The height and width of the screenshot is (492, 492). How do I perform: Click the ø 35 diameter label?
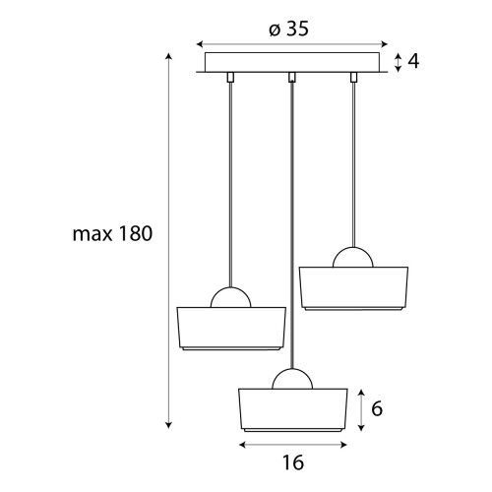[x=288, y=30]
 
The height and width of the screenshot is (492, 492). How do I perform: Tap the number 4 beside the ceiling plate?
[x=413, y=61]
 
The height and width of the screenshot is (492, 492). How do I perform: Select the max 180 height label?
[x=112, y=234]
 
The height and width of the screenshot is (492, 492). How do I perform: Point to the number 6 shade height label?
[x=377, y=409]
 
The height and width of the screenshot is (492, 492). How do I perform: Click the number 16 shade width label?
[x=293, y=462]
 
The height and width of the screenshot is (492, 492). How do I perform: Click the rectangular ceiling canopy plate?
[x=292, y=62]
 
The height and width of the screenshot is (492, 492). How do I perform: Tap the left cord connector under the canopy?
[x=230, y=78]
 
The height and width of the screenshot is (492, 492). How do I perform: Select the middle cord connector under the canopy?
[x=292, y=78]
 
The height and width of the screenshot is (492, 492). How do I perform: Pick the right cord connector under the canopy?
[x=353, y=78]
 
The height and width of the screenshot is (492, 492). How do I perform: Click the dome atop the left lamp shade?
[x=230, y=288]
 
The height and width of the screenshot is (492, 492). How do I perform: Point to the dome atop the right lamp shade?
[x=353, y=248]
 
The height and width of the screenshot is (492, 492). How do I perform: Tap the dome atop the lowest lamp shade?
[x=292, y=370]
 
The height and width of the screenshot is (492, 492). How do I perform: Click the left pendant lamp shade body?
[x=231, y=329]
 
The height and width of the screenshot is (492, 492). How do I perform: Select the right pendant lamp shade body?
[x=353, y=288]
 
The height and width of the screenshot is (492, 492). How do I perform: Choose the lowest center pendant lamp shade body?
[x=292, y=410]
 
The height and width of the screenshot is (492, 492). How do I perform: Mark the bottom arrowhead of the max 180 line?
[x=168, y=426]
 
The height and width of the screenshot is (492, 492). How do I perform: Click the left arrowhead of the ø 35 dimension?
[x=199, y=44]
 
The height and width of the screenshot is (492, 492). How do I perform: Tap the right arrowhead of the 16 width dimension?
[x=344, y=445]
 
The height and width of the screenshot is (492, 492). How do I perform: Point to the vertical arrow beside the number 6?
[x=361, y=410]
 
